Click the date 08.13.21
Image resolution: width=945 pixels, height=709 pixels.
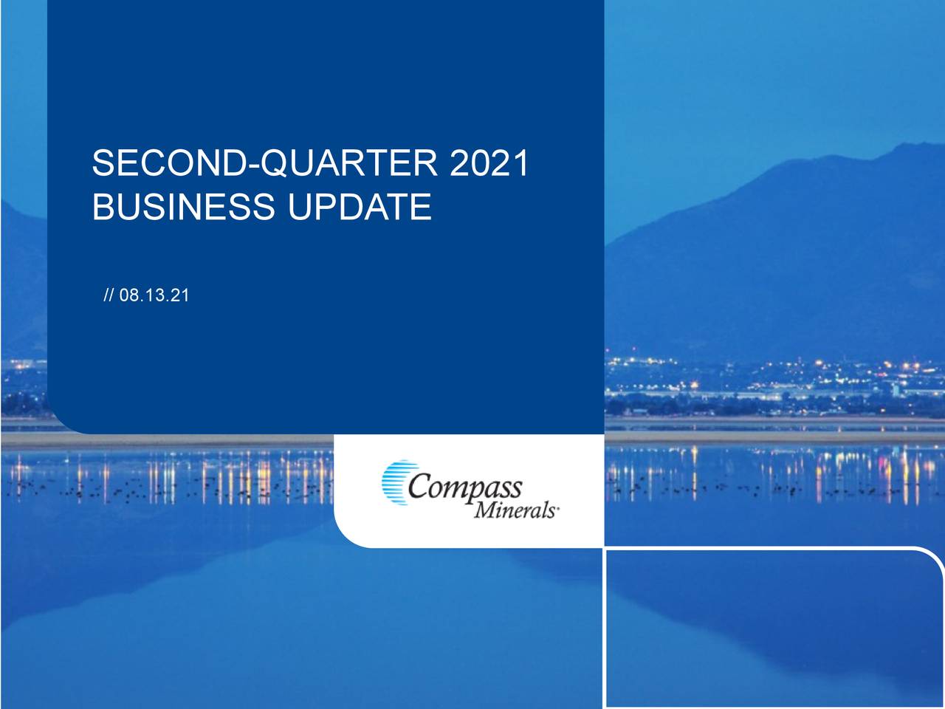coord(154,296)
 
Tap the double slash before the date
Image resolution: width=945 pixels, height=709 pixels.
coord(109,296)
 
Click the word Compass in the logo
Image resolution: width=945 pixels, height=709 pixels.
coord(464,488)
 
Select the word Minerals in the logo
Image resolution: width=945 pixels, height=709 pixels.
coord(514,510)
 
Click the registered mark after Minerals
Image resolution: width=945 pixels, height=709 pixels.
coord(557,509)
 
